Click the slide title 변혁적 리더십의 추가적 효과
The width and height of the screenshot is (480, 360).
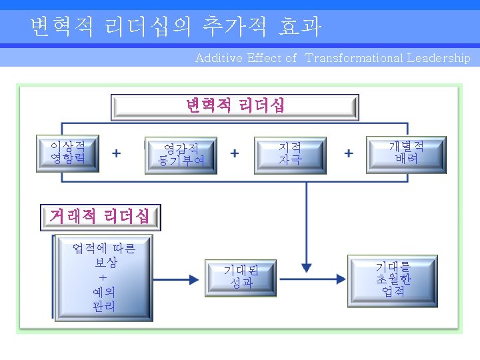(x=176, y=27)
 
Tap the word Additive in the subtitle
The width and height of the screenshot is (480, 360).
(x=219, y=58)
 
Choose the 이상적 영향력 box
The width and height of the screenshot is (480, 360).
(x=67, y=153)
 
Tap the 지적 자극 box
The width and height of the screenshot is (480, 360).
(x=290, y=154)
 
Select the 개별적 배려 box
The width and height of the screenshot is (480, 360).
(x=406, y=153)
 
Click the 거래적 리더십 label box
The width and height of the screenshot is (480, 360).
(x=99, y=215)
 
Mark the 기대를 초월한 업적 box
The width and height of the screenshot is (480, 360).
(x=393, y=279)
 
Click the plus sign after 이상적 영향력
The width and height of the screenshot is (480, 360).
(x=117, y=153)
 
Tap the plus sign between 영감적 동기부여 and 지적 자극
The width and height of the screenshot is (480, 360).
(x=235, y=153)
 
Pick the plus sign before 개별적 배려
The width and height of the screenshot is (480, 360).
(x=349, y=153)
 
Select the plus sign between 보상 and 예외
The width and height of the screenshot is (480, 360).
(x=103, y=277)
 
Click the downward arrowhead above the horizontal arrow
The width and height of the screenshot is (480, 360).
(x=307, y=262)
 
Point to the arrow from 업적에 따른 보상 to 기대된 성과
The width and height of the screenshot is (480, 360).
(x=177, y=277)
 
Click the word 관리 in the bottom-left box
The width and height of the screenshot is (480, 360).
(x=103, y=307)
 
